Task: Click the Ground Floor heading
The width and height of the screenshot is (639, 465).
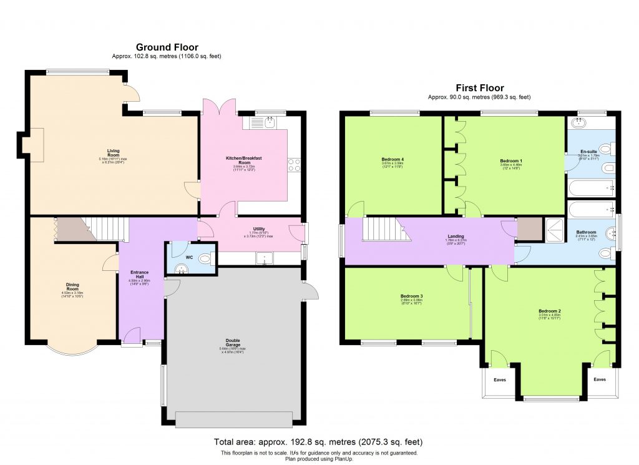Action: point(167,47)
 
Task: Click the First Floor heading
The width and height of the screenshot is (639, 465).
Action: point(479,88)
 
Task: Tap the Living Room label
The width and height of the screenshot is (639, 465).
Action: point(113,150)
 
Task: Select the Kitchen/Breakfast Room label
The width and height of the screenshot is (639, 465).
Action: point(243,160)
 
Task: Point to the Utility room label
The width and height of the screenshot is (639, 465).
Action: point(259,229)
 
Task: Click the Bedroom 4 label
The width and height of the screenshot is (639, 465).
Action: point(393,159)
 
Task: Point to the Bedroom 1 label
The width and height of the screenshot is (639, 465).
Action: point(510,161)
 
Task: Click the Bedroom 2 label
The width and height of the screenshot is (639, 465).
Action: point(550,311)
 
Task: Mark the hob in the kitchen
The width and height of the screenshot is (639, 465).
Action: point(294,165)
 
